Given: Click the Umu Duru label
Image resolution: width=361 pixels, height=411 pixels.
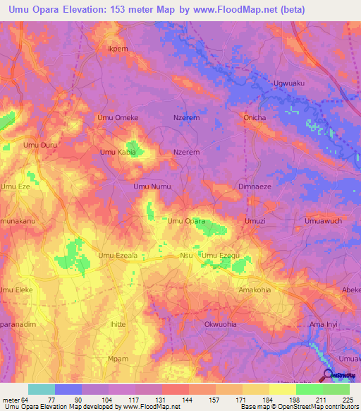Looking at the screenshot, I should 40,145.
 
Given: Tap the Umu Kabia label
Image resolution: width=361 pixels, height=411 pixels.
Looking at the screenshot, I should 117,152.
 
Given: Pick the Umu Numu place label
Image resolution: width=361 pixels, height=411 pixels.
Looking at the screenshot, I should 152,186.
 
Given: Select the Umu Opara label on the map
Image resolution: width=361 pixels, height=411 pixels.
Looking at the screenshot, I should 186,221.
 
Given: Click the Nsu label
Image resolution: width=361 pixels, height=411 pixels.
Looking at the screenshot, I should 186,256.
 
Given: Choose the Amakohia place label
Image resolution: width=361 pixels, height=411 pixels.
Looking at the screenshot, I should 255,290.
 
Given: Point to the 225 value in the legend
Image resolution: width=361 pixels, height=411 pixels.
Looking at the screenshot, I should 345,398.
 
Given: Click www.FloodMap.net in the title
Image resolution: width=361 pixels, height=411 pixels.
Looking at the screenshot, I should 224,9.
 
